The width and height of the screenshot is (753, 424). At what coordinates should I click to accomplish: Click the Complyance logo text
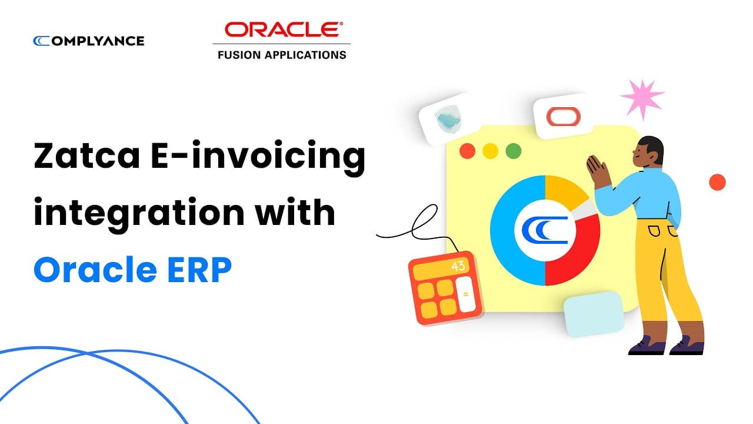coord(89,41)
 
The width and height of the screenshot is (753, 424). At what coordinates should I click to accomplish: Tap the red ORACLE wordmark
coord(281,29)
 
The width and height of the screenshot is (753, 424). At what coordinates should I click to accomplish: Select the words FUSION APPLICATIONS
coord(282,55)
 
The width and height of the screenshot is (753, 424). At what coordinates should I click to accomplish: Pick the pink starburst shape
coord(642,98)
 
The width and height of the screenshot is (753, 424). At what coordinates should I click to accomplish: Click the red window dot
coord(468,150)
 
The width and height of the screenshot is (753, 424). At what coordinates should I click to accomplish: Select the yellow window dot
coord(490,150)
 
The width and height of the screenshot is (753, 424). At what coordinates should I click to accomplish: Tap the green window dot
coord(513,150)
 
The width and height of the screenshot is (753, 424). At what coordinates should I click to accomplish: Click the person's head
coord(650,152)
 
